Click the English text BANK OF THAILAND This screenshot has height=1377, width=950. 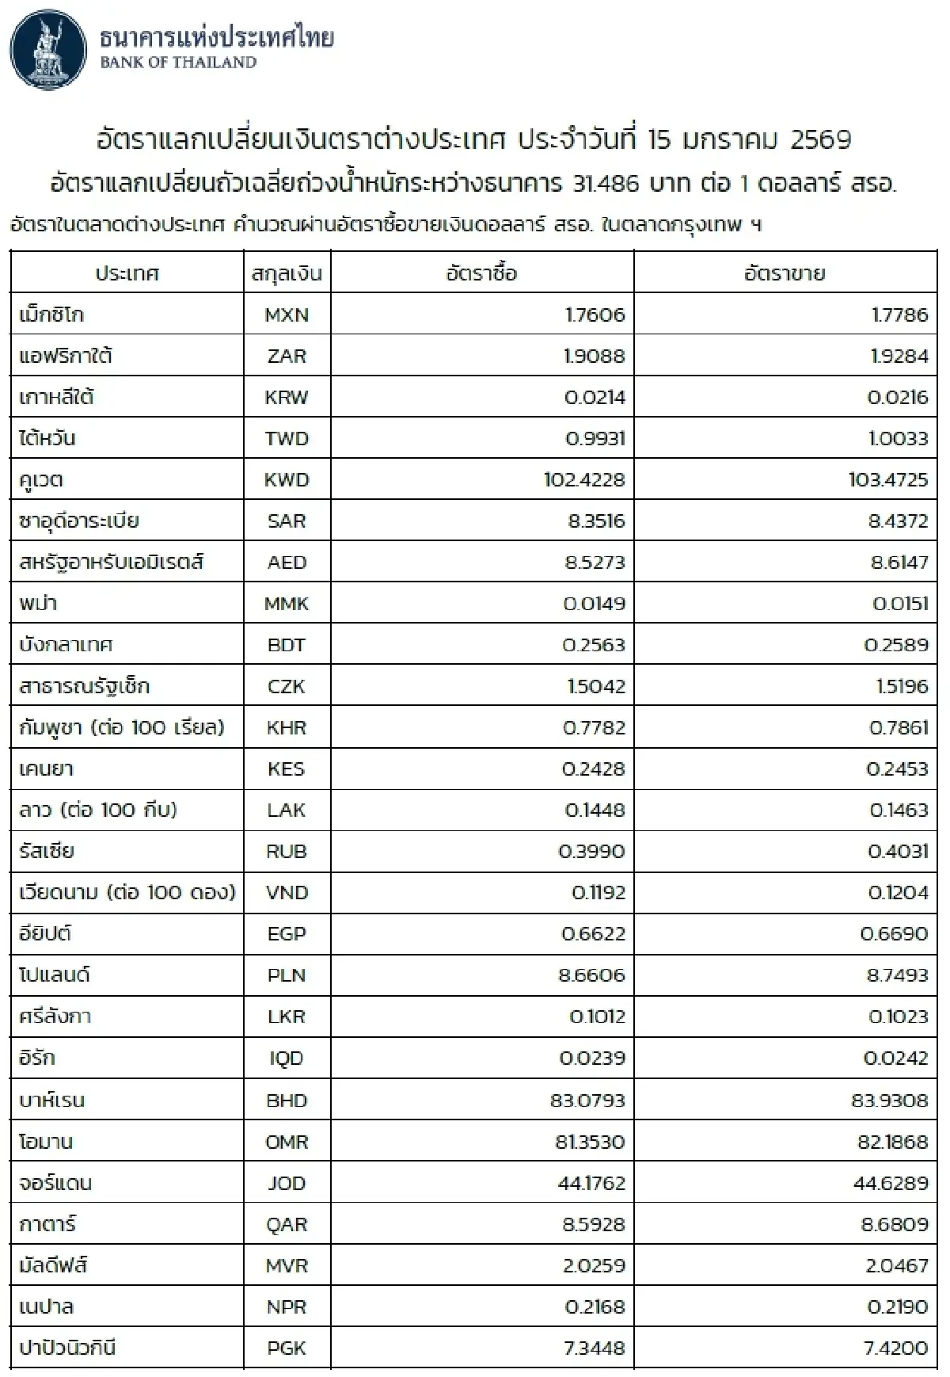pos(178,63)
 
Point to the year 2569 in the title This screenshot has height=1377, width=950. pos(820,140)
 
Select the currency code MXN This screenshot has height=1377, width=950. pos(287,315)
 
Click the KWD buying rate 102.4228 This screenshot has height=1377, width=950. pos(584,479)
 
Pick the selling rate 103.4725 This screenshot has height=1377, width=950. pos(887,479)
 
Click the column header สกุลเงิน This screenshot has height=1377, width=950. pos(287,274)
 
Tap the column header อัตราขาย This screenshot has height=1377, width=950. pos(785,274)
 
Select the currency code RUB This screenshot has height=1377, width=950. pos(287,851)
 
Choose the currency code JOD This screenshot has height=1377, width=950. pos(287,1183)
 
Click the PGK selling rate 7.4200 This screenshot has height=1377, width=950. pos(895,1348)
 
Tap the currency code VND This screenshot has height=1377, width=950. pos(287,892)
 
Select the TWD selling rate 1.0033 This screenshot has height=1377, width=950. pos(898,438)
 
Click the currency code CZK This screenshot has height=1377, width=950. pos(287,686)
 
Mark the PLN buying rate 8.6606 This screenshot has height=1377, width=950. pos(591,975)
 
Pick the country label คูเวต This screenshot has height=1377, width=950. pos(41,480)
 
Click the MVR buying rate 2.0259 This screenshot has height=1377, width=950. pos(594,1265)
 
